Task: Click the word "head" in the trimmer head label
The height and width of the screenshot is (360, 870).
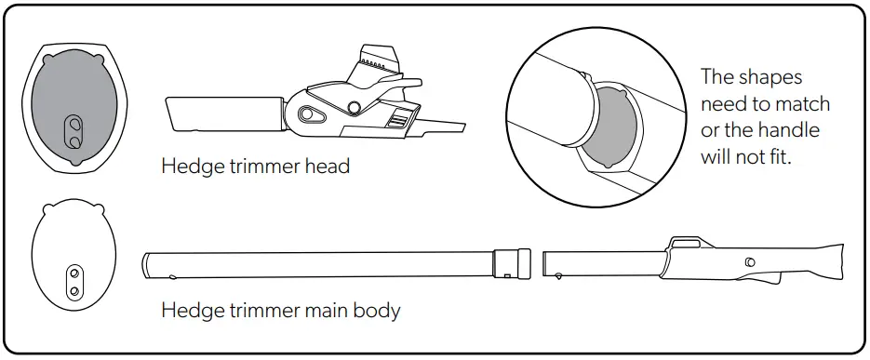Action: pyautogui.click(x=326, y=167)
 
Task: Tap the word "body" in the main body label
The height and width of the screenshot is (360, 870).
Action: pyautogui.click(x=377, y=309)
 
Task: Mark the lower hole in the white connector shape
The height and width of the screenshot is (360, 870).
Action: pyautogui.click(x=74, y=291)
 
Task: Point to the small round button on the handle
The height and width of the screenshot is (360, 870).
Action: pyautogui.click(x=750, y=262)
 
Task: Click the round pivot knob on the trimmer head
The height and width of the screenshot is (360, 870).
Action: pyautogui.click(x=354, y=105)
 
